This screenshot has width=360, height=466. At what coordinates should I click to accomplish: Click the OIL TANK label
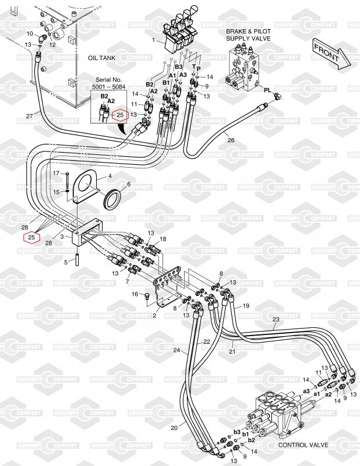(x=102, y=58)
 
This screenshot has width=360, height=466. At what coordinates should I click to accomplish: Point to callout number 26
(x=231, y=140)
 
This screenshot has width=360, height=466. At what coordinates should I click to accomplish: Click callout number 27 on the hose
(x=30, y=116)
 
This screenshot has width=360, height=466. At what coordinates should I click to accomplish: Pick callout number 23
(x=276, y=319)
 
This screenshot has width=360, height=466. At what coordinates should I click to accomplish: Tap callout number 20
(x=174, y=428)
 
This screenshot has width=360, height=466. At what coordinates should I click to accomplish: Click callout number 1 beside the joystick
(x=154, y=40)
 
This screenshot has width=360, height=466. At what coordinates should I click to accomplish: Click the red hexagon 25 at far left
(x=31, y=237)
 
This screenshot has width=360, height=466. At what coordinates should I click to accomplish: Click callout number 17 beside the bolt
(x=56, y=174)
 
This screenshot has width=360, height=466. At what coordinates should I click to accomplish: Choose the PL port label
(x=267, y=91)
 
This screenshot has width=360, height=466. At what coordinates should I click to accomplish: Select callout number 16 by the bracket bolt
(x=135, y=295)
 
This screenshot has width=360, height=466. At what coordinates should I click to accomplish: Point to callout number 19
(x=246, y=305)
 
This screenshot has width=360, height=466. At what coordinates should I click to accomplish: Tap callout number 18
(x=163, y=239)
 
